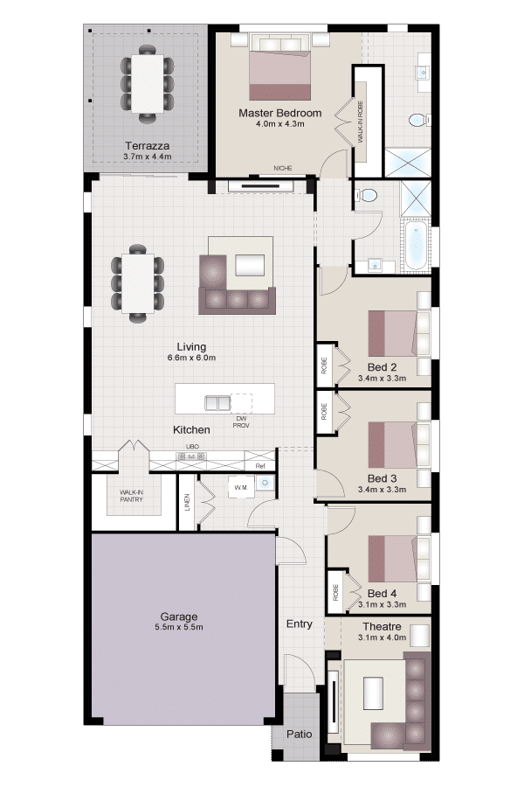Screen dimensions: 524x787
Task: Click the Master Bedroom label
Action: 279,113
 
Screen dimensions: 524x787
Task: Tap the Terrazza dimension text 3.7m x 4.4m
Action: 148,157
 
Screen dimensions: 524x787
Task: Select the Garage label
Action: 179,616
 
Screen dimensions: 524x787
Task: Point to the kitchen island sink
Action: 217,402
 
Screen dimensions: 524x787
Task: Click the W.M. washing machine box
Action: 241,487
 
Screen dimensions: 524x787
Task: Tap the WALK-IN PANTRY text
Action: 131,496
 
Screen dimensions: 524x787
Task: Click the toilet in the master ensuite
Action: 419,120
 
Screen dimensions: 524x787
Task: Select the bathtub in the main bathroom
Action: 416,246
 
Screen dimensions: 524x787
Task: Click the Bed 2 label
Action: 383,367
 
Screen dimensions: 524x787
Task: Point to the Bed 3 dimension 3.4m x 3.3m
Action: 383,490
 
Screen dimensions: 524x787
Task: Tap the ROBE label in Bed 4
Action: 335,592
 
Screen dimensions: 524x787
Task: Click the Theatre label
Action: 383,626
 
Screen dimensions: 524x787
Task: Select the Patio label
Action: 300,734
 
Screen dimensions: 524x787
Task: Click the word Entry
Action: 300,623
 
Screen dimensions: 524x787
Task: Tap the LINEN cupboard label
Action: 187,503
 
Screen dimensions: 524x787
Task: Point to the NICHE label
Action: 283,168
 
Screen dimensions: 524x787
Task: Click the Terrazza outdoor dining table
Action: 148,83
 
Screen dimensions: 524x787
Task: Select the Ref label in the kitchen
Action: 259,466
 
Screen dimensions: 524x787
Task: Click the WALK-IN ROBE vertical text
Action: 361,122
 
